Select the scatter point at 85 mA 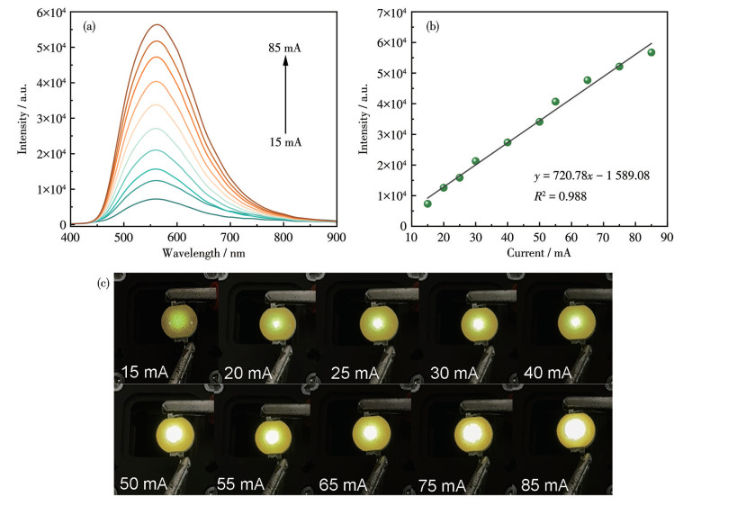click(651, 52)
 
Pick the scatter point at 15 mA click(427, 203)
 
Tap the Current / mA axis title click(539, 253)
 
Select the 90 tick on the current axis click(667, 237)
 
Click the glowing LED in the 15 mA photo click(180, 321)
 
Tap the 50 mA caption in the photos click(141, 484)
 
